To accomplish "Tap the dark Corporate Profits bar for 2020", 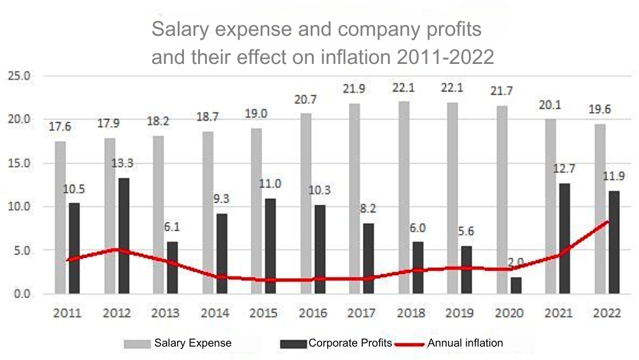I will (x=516, y=285).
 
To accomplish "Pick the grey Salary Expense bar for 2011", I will (x=60, y=217).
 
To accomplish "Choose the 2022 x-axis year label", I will (x=606, y=313).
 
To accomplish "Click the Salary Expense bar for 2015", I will (x=256, y=211).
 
